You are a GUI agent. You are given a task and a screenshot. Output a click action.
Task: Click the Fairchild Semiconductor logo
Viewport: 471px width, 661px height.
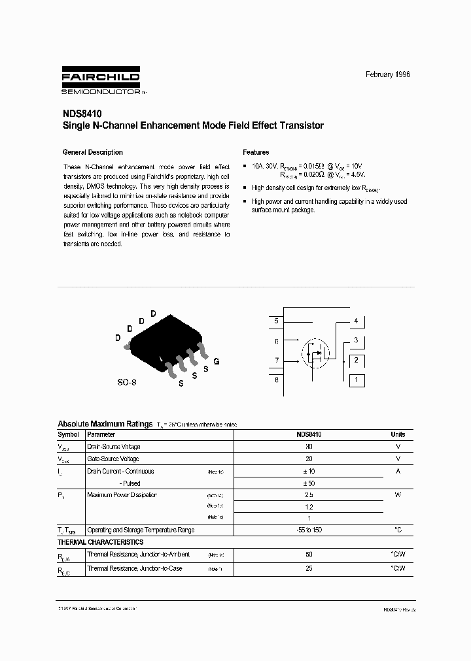click(100, 81)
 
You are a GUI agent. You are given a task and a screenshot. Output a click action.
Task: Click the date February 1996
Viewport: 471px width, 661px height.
click(388, 74)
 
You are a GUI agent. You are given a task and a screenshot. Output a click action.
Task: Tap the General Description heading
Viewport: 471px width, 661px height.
click(92, 152)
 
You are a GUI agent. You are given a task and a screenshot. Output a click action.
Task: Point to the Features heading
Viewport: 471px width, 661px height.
click(256, 152)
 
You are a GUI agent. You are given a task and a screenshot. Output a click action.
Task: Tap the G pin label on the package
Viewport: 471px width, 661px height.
click(216, 361)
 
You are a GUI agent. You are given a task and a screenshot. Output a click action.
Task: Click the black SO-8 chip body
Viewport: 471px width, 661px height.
click(166, 338)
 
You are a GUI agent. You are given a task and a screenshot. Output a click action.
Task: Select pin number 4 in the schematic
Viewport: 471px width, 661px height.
click(356, 321)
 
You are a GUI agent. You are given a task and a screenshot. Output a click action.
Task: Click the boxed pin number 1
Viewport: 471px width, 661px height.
click(356, 379)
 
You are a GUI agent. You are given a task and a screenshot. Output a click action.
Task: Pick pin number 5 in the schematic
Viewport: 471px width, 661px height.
click(277, 321)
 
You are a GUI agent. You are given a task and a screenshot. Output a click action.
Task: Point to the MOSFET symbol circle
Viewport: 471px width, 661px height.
click(316, 355)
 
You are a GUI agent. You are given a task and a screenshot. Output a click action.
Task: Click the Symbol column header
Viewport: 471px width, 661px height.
click(69, 434)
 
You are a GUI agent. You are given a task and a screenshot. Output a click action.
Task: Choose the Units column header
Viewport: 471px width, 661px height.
click(398, 434)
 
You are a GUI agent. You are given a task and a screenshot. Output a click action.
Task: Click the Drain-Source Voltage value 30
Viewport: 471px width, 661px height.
click(309, 447)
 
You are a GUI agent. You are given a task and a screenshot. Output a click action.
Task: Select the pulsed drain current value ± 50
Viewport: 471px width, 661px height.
click(309, 483)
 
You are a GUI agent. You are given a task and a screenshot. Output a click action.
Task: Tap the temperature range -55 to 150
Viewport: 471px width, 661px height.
click(309, 530)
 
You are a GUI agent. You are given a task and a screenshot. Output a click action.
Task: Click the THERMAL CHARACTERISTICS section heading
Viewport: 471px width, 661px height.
click(100, 542)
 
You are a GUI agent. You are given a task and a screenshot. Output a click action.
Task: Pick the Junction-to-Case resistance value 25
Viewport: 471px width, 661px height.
click(309, 568)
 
